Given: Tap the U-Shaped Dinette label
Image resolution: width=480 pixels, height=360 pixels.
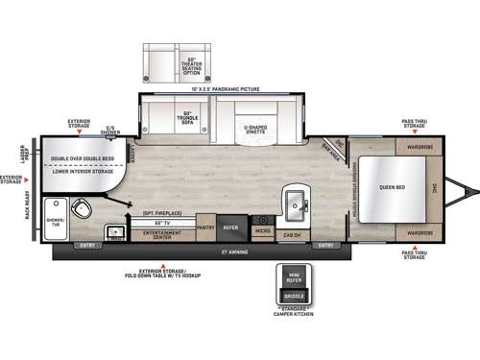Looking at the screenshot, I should pos(257,129).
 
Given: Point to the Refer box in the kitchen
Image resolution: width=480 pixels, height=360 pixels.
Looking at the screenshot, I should pos(231,228).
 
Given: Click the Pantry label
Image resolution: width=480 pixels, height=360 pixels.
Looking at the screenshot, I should pos(205,228).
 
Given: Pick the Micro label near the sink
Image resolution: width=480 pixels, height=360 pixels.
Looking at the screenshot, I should pos(262,230).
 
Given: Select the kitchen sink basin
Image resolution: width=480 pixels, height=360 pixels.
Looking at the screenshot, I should pos(295,204).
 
